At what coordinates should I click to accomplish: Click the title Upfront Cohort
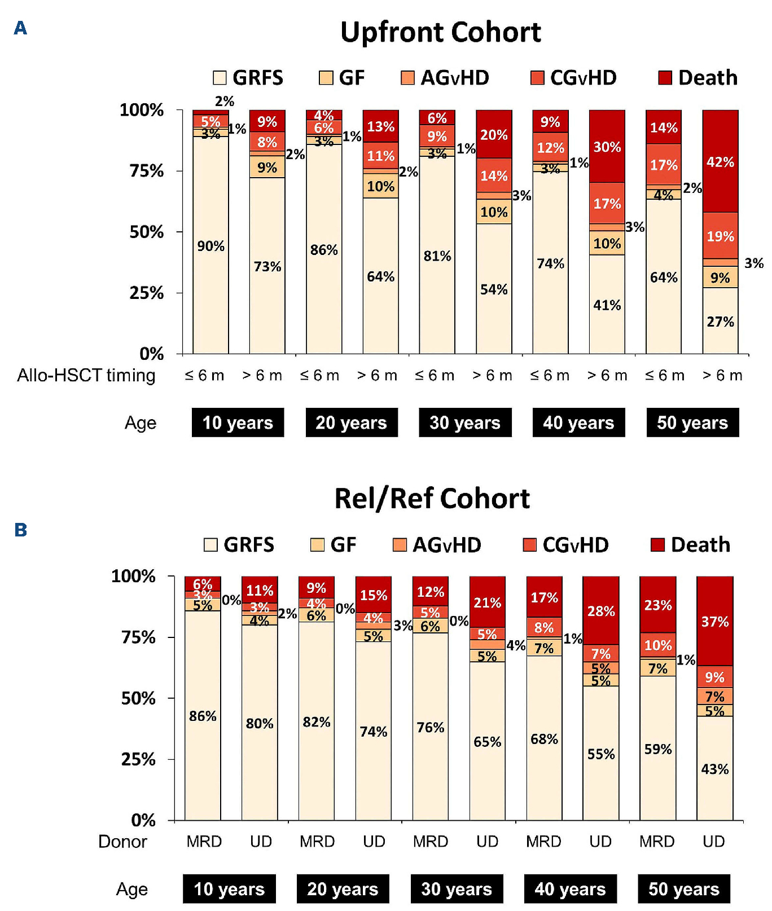point(440,32)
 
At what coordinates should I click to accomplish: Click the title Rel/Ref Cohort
point(432,499)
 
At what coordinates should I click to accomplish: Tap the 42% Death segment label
point(720,162)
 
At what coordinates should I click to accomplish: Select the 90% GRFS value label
point(210,246)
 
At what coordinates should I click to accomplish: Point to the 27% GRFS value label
point(720,322)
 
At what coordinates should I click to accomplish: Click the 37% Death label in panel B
point(714,622)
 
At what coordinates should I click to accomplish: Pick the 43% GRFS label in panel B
point(714,769)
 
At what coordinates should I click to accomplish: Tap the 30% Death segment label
point(607,147)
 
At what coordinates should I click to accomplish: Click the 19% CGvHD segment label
point(720,236)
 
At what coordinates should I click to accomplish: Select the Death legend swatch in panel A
point(665,78)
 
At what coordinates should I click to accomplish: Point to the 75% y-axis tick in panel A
point(147,171)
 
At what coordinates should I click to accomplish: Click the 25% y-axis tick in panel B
point(138,759)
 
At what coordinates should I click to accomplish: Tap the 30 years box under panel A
point(464,423)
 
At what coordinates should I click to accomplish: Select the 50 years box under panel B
point(683,889)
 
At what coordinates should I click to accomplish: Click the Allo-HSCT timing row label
point(86,375)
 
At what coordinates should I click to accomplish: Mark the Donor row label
point(122,842)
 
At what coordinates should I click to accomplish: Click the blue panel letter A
point(20,28)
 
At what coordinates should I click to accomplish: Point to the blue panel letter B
point(20,530)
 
